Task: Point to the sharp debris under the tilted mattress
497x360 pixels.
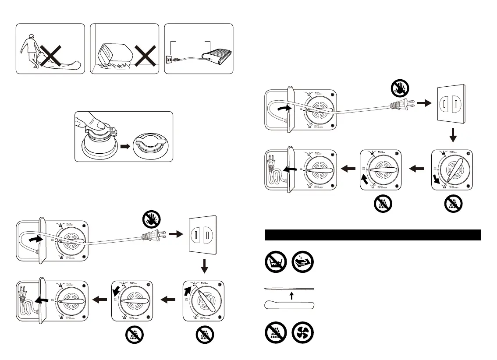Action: pyautogui.click(x=113, y=67)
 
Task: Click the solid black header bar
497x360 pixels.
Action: pyautogui.click(x=373, y=235)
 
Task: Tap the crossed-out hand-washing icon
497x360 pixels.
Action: pyautogui.click(x=302, y=263)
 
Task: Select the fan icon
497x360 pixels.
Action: pyautogui.click(x=302, y=333)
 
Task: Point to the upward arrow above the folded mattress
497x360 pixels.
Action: pyautogui.click(x=291, y=296)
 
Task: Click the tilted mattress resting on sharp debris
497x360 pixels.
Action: pyautogui.click(x=114, y=54)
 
